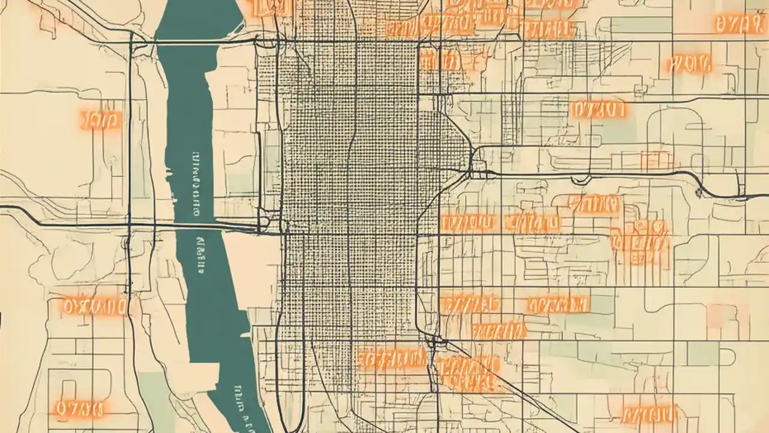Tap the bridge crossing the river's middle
[x=204, y=226]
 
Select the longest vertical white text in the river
[x=195, y=184]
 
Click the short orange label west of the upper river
[x=100, y=120]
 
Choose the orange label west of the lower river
[x=95, y=307]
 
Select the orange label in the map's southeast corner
[x=648, y=414]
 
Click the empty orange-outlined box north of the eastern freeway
[x=656, y=160]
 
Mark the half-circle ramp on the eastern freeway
[x=580, y=179]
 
